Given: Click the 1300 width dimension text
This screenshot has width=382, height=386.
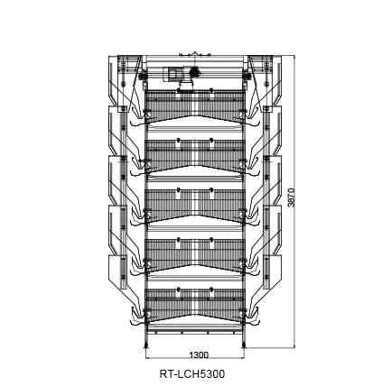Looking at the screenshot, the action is pos(199,354).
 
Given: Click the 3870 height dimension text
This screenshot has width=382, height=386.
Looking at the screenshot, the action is pos(292,198).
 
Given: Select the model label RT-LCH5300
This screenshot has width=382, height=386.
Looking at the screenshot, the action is pos(192,374).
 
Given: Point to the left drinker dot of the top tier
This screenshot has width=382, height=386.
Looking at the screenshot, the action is pos(179,90).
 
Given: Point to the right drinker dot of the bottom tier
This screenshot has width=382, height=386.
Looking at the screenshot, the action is pos(211,289).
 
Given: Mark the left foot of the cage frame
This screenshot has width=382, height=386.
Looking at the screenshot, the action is pos(146,345).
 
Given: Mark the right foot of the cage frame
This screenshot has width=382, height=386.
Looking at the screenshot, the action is pos(243,345).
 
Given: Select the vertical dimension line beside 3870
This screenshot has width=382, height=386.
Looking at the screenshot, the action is pos(294,202).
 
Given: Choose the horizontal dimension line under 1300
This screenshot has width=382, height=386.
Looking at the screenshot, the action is pos(195,358).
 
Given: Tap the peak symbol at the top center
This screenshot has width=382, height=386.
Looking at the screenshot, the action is pos(195,53).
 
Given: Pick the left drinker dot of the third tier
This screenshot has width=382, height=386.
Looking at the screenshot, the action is pos(179,189).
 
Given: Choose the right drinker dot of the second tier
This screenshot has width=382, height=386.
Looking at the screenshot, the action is pos(211,140).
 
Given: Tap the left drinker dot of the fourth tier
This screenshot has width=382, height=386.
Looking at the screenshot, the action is pos(179,239).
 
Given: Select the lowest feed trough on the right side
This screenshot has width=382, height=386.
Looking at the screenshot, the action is pos(272,272).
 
